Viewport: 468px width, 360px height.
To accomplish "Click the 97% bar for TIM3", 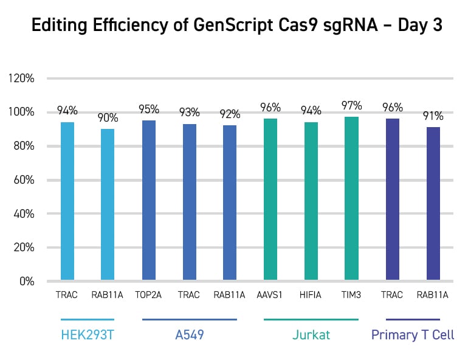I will [351, 199].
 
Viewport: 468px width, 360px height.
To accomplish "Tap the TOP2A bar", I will [149, 201].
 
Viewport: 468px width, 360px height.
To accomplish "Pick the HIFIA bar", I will [311, 201].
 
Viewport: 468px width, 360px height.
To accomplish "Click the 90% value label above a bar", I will [108, 119].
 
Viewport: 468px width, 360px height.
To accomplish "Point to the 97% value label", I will [351, 106].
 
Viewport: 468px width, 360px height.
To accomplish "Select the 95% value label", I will [149, 109].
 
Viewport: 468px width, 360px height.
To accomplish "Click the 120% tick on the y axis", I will [21, 78].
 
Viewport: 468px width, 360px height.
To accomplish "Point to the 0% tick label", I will [26, 282].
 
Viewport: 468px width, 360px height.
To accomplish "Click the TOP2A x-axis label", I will [149, 296].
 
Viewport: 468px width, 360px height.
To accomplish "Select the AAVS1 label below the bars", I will [270, 296].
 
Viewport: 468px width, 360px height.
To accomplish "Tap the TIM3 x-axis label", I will [351, 296].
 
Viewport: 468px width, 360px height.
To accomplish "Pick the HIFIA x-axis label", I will [311, 296].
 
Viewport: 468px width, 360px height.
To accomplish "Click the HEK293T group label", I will [88, 335].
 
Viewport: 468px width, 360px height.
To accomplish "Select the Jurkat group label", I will [311, 335].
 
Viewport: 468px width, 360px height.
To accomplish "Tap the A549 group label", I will [189, 335].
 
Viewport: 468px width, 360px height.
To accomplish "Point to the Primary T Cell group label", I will [413, 335].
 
